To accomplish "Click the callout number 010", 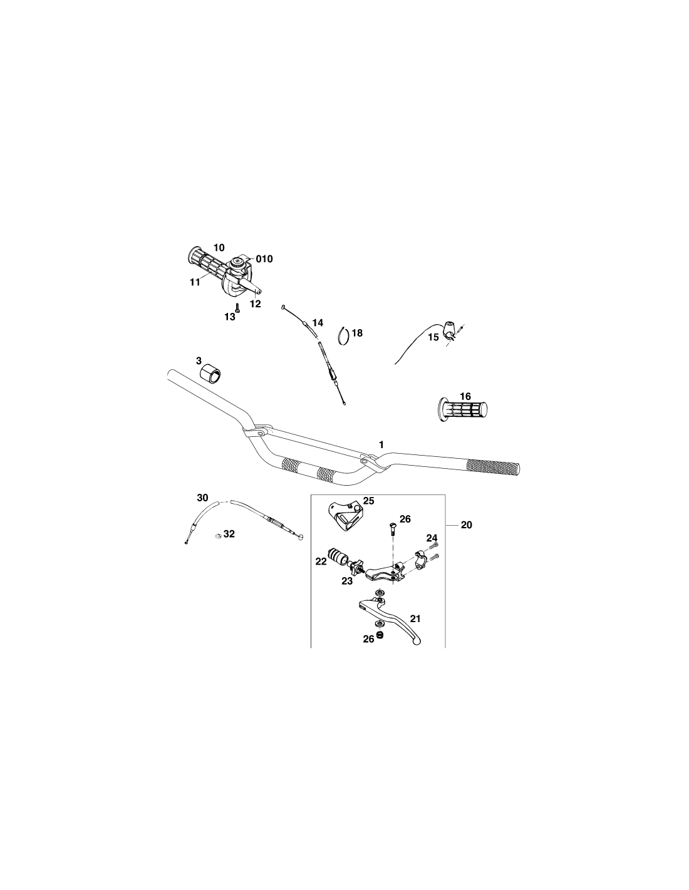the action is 264,259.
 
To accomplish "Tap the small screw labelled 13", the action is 237,307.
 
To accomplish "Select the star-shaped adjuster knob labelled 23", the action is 355,568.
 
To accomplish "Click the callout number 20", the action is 467,524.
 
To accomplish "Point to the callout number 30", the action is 202,498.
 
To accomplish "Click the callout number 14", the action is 318,322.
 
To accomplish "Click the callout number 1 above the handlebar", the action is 381,444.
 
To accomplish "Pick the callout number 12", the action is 256,304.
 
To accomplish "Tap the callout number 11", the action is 195,282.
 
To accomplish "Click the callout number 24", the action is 432,538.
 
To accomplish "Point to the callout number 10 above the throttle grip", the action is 219,247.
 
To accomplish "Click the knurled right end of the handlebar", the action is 494,468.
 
